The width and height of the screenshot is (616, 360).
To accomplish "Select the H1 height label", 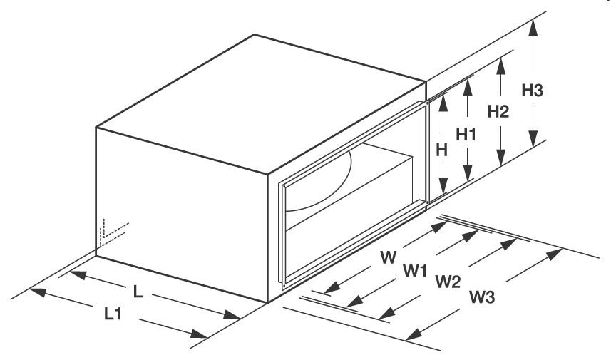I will tap(466, 134).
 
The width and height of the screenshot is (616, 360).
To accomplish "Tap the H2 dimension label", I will tap(498, 111).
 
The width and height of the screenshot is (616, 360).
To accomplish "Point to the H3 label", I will tap(533, 91).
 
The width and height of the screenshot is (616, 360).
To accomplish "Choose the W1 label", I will tap(414, 270).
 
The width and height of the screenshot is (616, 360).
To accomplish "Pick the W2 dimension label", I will tap(448, 282).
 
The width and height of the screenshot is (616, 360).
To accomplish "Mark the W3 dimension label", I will tap(482, 296).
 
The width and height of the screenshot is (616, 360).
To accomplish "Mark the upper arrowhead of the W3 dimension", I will tap(555, 253).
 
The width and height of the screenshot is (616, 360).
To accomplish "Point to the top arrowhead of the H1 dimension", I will tap(468, 82).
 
